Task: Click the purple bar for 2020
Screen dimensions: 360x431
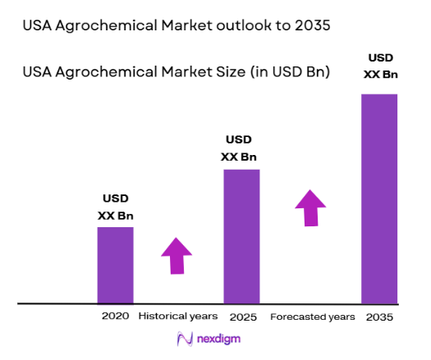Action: click(115, 265)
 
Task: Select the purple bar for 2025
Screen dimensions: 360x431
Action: click(241, 236)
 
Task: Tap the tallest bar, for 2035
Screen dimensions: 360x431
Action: click(378, 198)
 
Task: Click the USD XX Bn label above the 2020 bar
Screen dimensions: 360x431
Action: click(115, 207)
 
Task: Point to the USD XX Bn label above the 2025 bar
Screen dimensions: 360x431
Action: click(241, 149)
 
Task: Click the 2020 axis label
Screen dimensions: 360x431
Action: click(116, 316)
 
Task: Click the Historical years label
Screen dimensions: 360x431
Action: click(178, 316)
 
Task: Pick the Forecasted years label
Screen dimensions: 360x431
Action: click(313, 317)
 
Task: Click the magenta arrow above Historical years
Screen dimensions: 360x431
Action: click(177, 256)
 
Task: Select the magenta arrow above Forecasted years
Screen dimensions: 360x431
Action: click(310, 207)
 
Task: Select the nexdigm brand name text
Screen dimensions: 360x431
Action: click(219, 339)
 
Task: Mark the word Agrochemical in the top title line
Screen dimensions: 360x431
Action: click(104, 25)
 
